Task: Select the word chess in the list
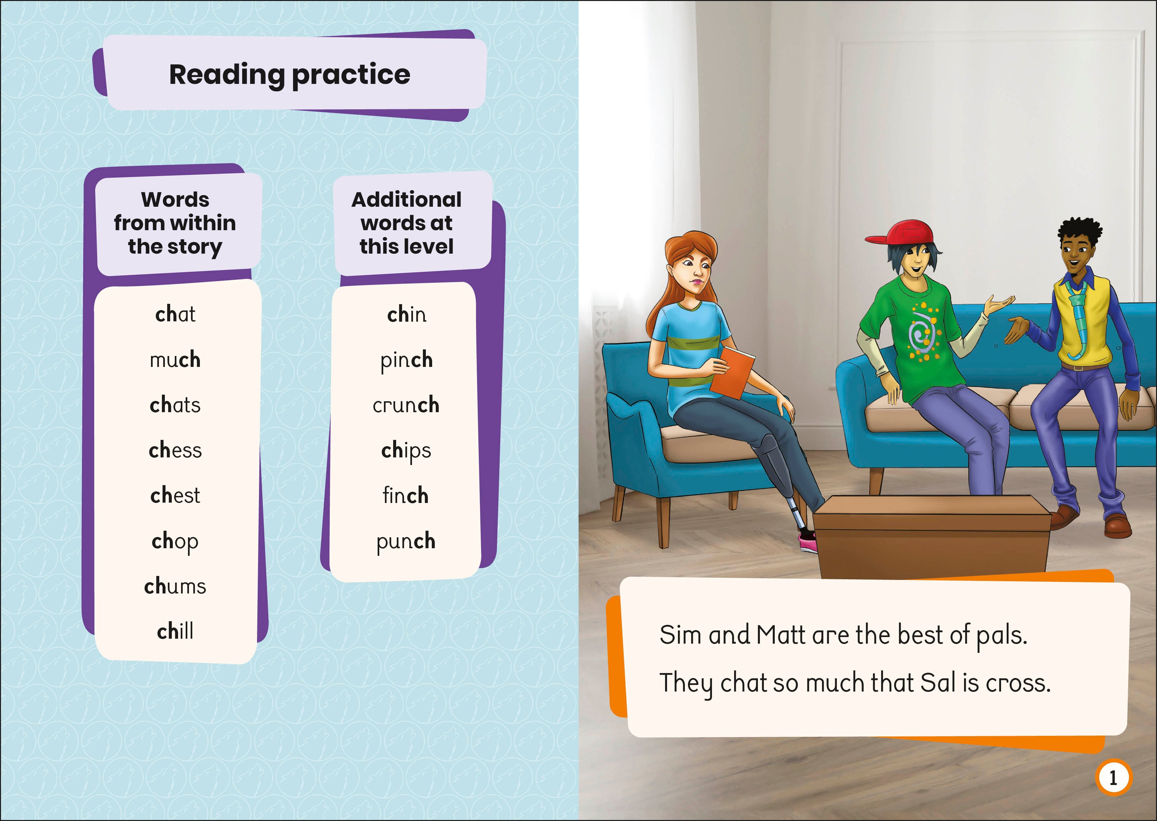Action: (x=175, y=450)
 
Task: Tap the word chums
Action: (x=175, y=586)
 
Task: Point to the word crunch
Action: (x=406, y=405)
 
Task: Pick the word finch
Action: (x=406, y=495)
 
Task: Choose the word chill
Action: (x=175, y=631)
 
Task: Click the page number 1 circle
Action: (x=1113, y=777)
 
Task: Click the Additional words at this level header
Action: (x=407, y=223)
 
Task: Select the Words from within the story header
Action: (x=175, y=223)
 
